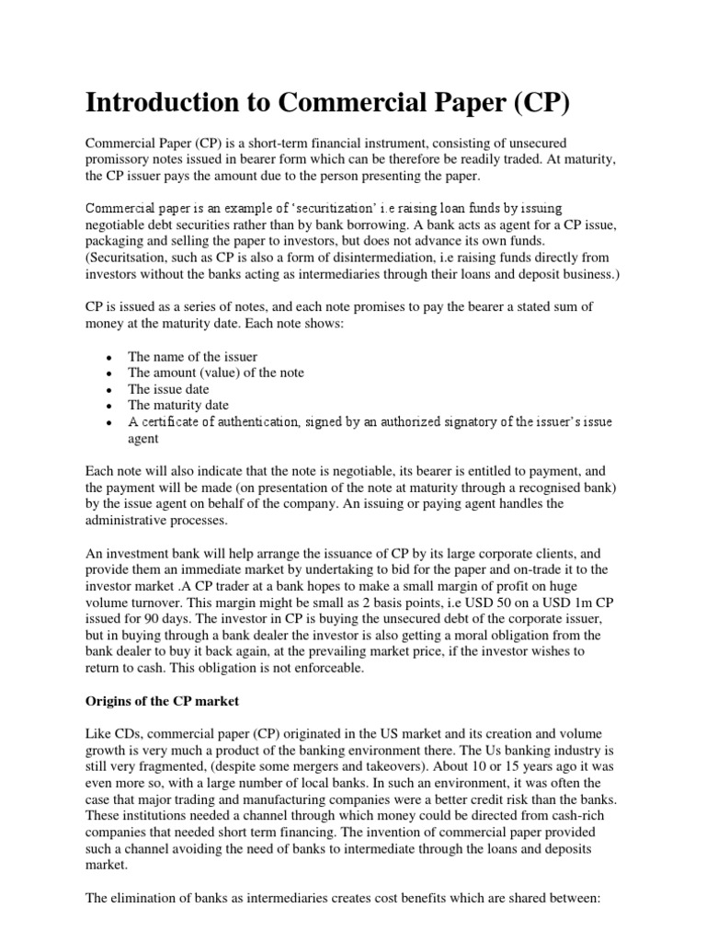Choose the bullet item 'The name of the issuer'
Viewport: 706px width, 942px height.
pyautogui.click(x=192, y=356)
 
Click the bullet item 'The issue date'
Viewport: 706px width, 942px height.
pyautogui.click(x=170, y=388)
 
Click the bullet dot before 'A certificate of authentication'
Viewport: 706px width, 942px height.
pyautogui.click(x=109, y=422)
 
